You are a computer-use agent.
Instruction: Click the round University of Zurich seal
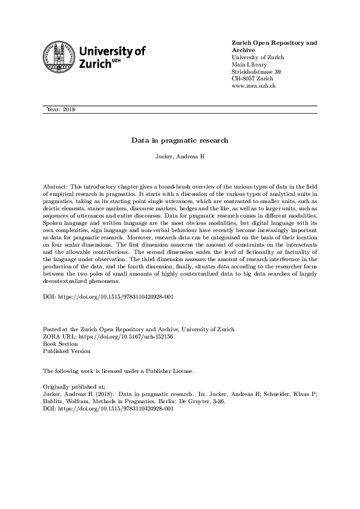[x=59, y=58]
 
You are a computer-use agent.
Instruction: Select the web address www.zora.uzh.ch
[x=254, y=86]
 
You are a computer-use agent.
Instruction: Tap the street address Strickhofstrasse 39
[x=257, y=72]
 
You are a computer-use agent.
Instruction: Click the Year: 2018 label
[x=61, y=109]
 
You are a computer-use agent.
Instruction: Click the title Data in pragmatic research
[x=180, y=140]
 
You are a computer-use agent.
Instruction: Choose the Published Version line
[x=67, y=351]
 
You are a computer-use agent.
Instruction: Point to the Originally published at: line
[x=74, y=385]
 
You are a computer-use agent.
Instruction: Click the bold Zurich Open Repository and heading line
[x=274, y=43]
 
